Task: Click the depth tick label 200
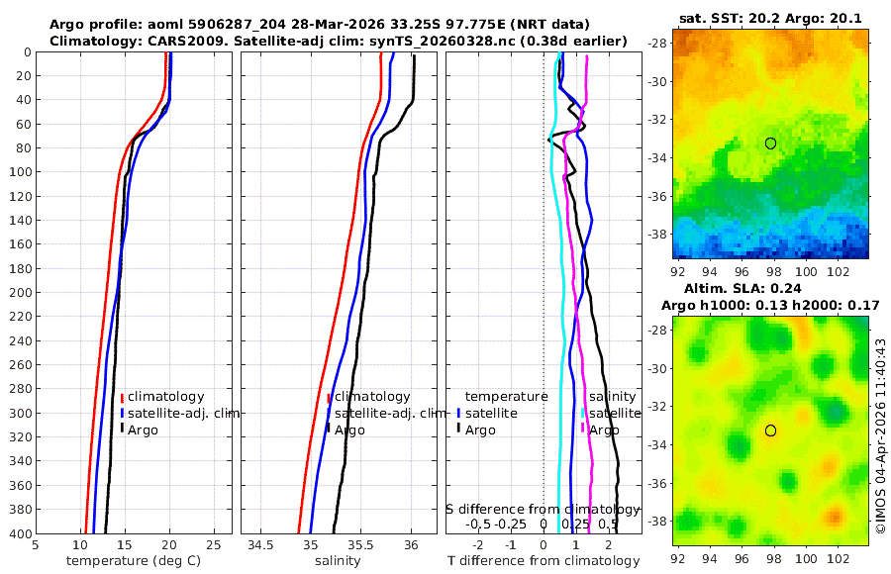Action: point(20,292)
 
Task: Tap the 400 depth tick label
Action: point(20,533)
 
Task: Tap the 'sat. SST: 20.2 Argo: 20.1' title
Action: point(770,18)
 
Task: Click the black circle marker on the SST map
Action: point(770,143)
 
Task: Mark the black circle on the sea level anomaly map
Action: point(770,430)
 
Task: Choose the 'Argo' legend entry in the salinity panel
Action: point(349,430)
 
